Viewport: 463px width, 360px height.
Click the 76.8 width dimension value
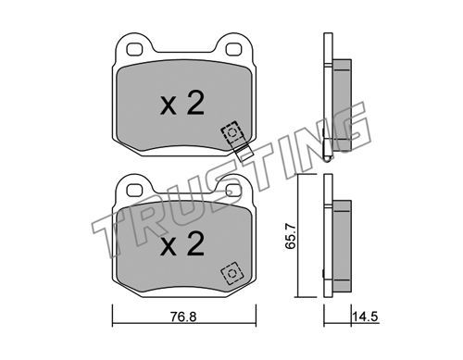pyautogui.click(x=183, y=317)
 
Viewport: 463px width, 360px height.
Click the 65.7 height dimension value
pyautogui.click(x=291, y=236)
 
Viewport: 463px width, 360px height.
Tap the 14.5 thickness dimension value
pyautogui.click(x=366, y=317)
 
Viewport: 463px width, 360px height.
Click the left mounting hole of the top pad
pyautogui.click(x=134, y=49)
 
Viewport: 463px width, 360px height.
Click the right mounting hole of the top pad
pyautogui.click(x=233, y=49)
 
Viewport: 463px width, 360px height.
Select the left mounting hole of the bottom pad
pyautogui.click(x=134, y=190)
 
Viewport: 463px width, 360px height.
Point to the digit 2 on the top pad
pyautogui.click(x=195, y=103)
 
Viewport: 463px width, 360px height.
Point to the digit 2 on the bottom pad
pyautogui.click(x=195, y=243)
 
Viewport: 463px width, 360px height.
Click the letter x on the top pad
pyautogui.click(x=169, y=107)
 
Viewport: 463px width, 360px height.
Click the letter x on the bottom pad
pyautogui.click(x=169, y=248)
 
